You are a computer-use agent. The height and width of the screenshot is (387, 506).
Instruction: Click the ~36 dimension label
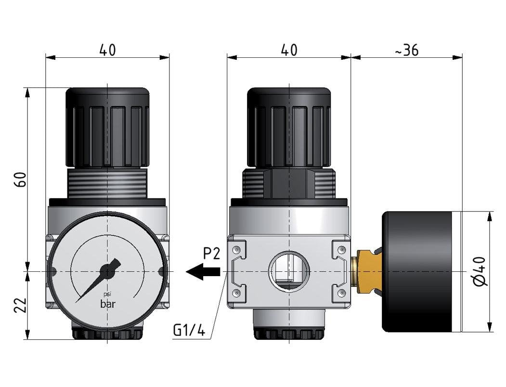(407, 50)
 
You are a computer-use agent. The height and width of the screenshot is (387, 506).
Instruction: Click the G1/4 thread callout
(189, 330)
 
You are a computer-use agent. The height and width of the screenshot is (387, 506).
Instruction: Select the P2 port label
(211, 254)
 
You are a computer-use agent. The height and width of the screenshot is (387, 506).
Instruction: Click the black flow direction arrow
(203, 272)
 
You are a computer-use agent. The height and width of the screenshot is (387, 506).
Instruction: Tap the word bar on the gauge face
(108, 304)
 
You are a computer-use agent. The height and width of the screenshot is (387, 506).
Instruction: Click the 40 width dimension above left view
(107, 50)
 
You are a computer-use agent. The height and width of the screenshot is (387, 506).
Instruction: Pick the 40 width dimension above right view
(288, 50)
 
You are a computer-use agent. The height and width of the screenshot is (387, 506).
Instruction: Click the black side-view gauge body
(418, 272)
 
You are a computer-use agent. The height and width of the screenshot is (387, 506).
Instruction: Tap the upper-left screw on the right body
(236, 250)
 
